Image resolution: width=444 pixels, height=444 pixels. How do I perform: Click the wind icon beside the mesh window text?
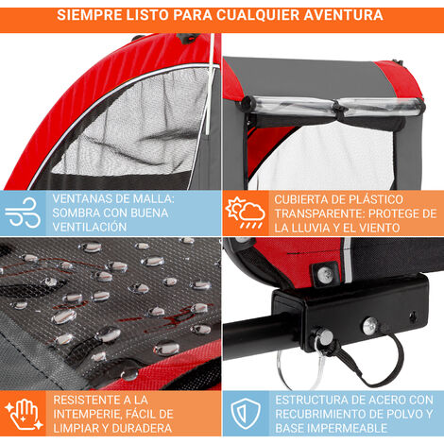(x=23, y=213)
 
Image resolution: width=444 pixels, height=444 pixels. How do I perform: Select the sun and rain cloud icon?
(x=245, y=213)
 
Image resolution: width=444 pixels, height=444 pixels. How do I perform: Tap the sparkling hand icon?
(x=24, y=414)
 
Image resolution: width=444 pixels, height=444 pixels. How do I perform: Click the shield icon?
(x=246, y=413)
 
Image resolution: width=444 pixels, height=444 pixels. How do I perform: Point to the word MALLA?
(x=153, y=199)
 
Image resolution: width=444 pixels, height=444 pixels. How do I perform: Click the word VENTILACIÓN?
(x=90, y=227)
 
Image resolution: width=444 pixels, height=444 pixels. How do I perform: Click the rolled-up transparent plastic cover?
(x=333, y=107)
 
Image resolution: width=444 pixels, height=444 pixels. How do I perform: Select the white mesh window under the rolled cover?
(x=324, y=158)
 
